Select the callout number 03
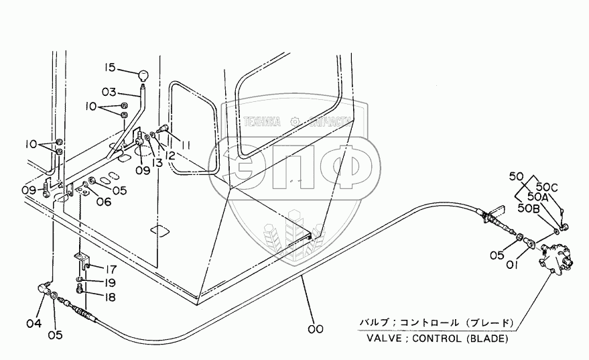pos(109,91)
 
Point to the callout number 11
pos(185,144)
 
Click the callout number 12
pos(169,155)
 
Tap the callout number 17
pos(109,269)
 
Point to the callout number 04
pos(34,324)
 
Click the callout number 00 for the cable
pos(315,328)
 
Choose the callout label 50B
pos(527,208)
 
